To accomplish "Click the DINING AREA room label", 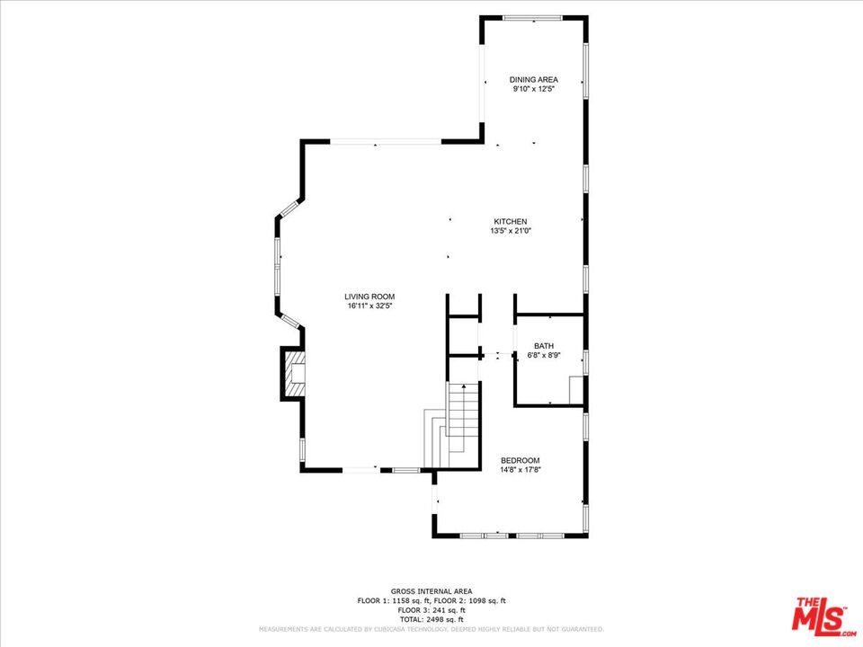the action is click(533, 80).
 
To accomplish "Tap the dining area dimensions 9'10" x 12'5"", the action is click(533, 89).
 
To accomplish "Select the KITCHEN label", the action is click(511, 222).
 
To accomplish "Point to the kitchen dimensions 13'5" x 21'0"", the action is click(511, 231).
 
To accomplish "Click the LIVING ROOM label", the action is click(369, 297).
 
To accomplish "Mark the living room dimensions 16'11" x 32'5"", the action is click(369, 306).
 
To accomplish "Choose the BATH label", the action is click(544, 346).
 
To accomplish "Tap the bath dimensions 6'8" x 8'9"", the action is click(544, 356).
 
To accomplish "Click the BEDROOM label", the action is click(520, 460).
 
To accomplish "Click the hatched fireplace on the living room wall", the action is click(294, 374).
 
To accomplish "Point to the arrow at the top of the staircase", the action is click(464, 387).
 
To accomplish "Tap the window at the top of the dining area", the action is click(533, 18).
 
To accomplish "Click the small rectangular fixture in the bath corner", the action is click(575, 390).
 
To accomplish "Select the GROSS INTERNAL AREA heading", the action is click(431, 591).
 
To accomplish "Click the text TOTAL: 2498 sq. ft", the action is click(431, 619).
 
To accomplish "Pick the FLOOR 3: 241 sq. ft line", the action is click(431, 610).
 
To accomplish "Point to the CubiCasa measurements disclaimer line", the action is click(431, 629).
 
